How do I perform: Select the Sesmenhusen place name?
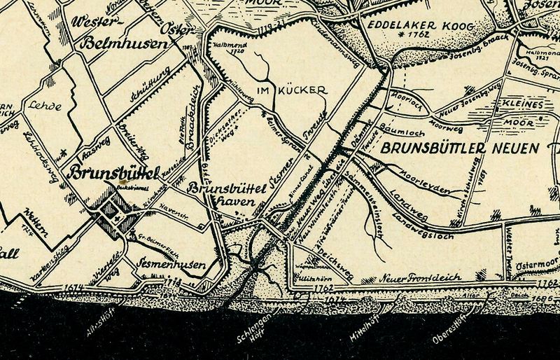tap(171, 265)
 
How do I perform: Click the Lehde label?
tap(45, 107)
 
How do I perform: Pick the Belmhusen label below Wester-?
tap(125, 43)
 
